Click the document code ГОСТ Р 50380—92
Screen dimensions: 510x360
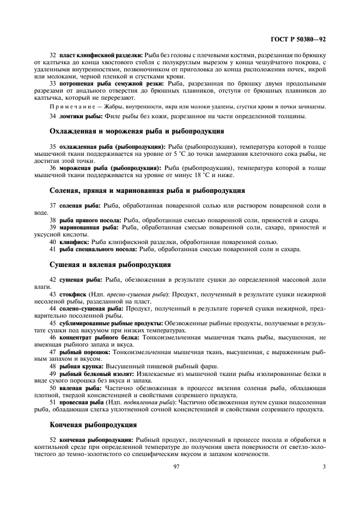(x=302, y=40)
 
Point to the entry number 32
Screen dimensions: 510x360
(x=53, y=56)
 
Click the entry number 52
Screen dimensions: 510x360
(x=53, y=439)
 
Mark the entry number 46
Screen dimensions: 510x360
(x=53, y=337)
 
